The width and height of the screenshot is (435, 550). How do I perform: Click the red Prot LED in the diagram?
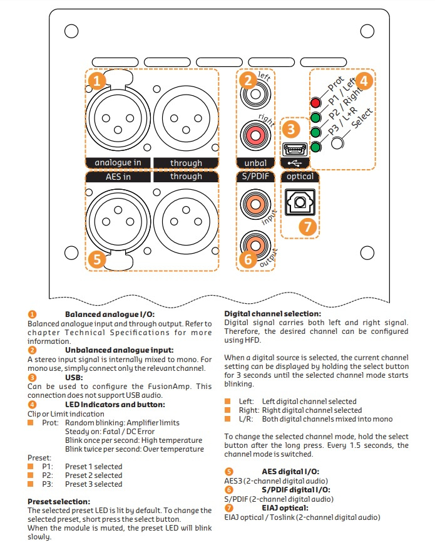pyautogui.click(x=315, y=103)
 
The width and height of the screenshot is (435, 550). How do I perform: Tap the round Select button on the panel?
pyautogui.click(x=338, y=142)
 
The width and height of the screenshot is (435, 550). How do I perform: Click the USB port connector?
pyautogui.click(x=293, y=150)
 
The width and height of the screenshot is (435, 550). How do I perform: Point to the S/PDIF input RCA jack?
pyautogui.click(x=255, y=204)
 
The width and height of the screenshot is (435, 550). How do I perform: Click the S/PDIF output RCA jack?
pyautogui.click(x=255, y=241)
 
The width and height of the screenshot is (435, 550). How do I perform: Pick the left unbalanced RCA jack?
pyautogui.click(x=255, y=96)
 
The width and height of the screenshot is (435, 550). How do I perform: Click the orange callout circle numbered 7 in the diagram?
pyautogui.click(x=307, y=226)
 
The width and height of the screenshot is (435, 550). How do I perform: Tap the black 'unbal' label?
pyautogui.click(x=255, y=163)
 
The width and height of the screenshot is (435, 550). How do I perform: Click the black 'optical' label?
pyautogui.click(x=300, y=177)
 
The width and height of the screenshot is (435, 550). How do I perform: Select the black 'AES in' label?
pyautogui.click(x=118, y=177)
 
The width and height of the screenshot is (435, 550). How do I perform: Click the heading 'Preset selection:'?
pyautogui.click(x=59, y=502)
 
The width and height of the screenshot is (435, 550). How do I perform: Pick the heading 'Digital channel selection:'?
pyautogui.click(x=272, y=314)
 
